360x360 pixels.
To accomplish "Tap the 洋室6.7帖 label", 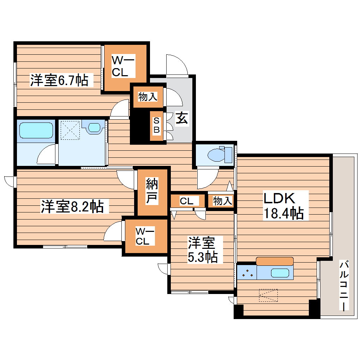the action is pos(59,80).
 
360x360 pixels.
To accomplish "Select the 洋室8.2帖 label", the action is pos(72,206).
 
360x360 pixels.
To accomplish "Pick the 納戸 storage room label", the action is pos(152,192).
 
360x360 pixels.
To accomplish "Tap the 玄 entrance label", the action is pos(182,118).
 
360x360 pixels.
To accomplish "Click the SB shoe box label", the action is pos(157,125).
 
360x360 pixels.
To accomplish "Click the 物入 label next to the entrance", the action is pos(148,97).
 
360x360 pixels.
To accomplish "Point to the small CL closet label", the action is pos(186,201).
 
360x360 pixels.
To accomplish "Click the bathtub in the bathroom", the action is pos(36,130).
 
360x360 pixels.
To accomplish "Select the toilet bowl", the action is pos(217,155).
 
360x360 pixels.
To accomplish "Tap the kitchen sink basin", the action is pos(280,273).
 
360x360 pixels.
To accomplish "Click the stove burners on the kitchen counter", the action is pos(248,273).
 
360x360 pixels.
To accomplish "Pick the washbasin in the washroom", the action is pos(94,127).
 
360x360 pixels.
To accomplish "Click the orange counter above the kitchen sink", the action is pos(275,261).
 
